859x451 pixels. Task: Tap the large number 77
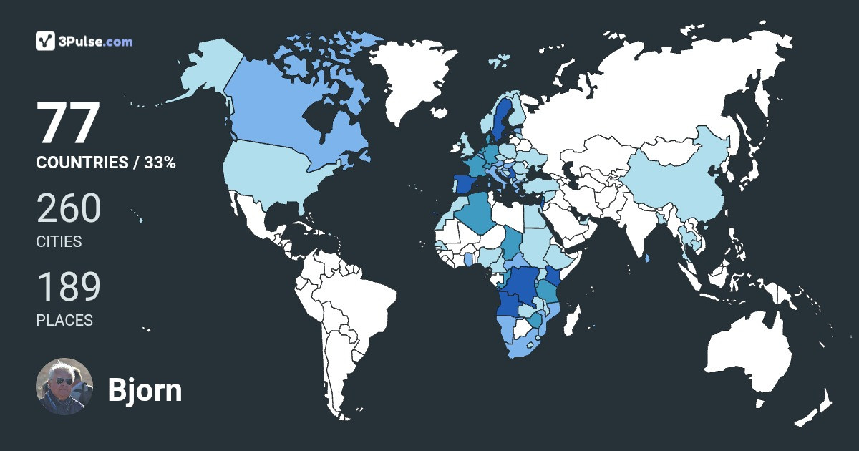pyautogui.click(x=67, y=124)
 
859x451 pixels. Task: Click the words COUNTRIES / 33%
pyautogui.click(x=106, y=163)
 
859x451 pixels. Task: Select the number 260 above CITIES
pyautogui.click(x=69, y=208)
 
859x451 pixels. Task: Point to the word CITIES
pyautogui.click(x=59, y=242)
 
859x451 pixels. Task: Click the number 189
pyautogui.click(x=69, y=287)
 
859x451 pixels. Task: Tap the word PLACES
pyautogui.click(x=64, y=321)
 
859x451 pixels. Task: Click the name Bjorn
pyautogui.click(x=145, y=390)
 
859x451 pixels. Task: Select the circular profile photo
pyautogui.click(x=64, y=387)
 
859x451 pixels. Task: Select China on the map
pyautogui.click(x=680, y=186)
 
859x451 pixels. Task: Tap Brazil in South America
pyautogui.click(x=358, y=301)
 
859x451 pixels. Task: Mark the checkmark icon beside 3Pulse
pyautogui.click(x=46, y=41)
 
